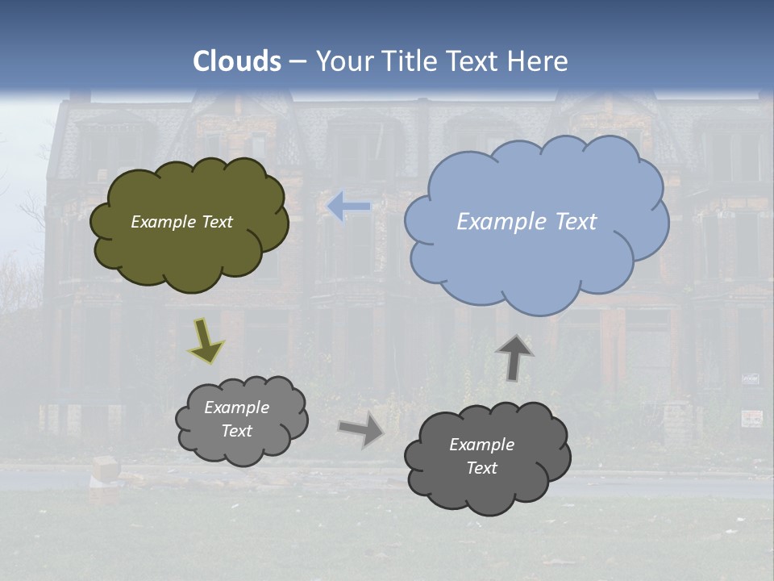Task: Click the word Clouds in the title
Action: (x=237, y=61)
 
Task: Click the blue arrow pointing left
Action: (x=348, y=206)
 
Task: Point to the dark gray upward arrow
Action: (x=514, y=357)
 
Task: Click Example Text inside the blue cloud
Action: (x=526, y=222)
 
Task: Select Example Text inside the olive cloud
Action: (x=181, y=222)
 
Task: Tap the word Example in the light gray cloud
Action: (x=236, y=408)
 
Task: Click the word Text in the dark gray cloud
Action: (x=481, y=468)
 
